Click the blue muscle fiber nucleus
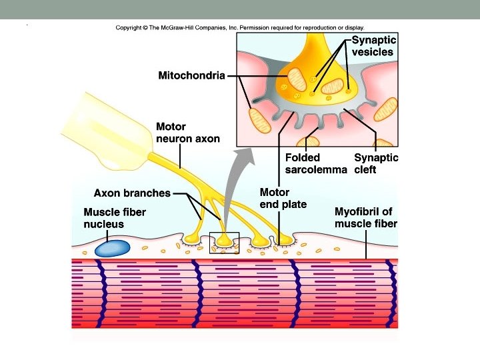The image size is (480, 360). (112, 248)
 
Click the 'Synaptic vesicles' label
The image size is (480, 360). (373, 46)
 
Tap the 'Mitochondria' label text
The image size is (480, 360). (191, 75)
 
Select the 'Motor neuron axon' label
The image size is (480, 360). (187, 133)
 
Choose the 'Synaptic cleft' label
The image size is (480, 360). (376, 164)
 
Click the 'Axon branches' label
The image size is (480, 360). (132, 193)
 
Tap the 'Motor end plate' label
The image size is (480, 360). (283, 198)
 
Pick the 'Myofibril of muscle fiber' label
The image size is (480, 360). (365, 217)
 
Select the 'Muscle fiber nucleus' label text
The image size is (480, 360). (115, 218)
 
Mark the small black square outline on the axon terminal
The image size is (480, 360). (224, 243)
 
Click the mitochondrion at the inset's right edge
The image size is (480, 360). (387, 107)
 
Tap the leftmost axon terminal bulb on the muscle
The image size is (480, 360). (192, 237)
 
